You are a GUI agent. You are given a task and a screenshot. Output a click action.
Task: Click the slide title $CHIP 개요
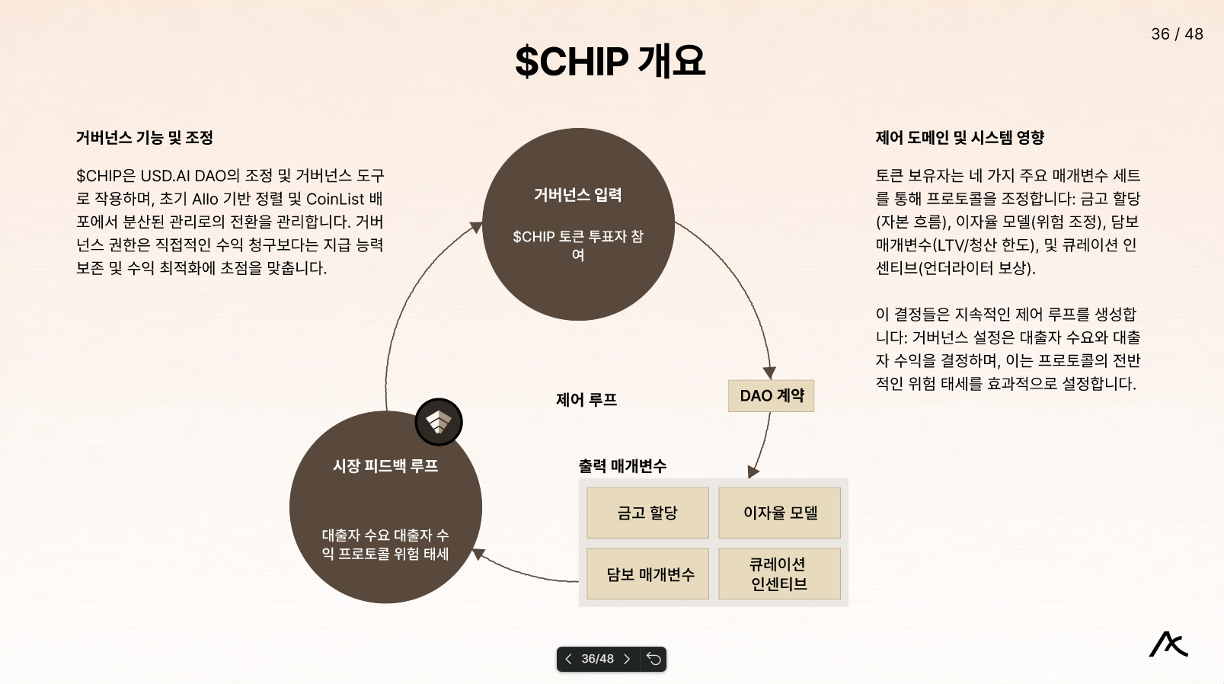tap(610, 61)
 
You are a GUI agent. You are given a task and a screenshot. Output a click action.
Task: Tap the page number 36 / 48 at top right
tap(1177, 34)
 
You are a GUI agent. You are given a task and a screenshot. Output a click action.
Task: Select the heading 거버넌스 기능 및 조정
tap(144, 138)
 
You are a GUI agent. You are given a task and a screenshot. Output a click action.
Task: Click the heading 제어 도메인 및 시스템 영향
tap(960, 138)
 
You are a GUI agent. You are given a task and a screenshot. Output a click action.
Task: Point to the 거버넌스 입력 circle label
tap(578, 195)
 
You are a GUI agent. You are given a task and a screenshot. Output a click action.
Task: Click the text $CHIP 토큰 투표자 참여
tap(578, 245)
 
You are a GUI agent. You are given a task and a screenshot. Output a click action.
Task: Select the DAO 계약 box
tap(771, 396)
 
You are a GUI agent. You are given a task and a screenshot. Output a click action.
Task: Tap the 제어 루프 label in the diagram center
tap(586, 400)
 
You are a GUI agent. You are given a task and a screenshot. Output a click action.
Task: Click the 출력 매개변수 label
tap(622, 466)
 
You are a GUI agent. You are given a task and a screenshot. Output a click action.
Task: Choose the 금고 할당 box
tap(647, 513)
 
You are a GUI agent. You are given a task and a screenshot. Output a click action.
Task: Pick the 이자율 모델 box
tap(780, 513)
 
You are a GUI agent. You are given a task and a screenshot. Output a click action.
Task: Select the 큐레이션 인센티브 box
tap(779, 574)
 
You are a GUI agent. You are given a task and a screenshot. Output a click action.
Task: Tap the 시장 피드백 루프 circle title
tap(385, 466)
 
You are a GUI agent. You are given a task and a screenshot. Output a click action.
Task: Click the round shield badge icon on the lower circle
tap(439, 422)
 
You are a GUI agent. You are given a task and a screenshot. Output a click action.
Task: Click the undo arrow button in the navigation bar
tap(654, 659)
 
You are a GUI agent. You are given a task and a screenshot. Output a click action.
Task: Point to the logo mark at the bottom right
tap(1168, 644)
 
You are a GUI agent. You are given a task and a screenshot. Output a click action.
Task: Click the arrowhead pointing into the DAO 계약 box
tap(769, 373)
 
